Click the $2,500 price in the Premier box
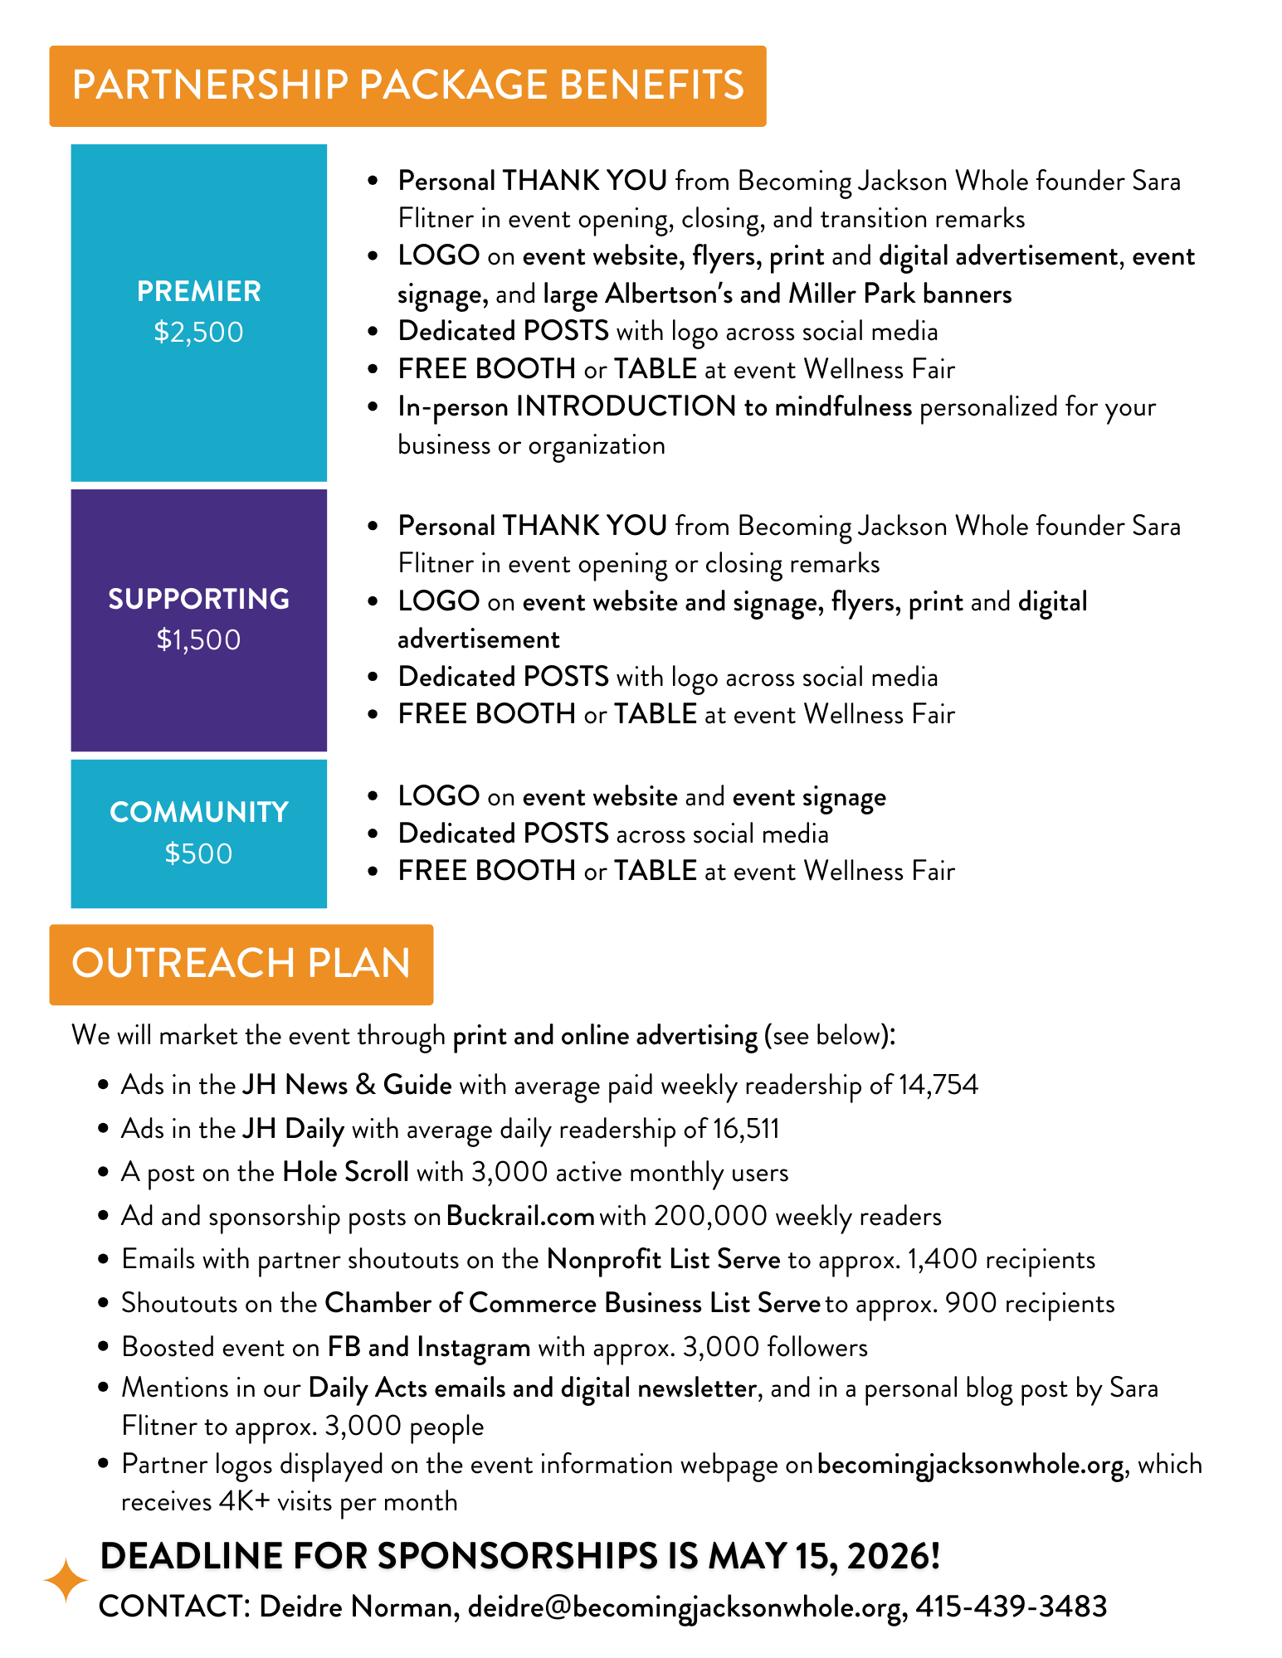click(x=198, y=333)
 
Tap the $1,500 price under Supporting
click(x=198, y=640)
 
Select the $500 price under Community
click(x=198, y=853)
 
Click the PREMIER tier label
click(x=198, y=292)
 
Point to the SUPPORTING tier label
click(x=198, y=599)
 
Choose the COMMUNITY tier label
click(x=198, y=812)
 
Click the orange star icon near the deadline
click(x=66, y=1580)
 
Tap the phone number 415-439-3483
click(x=1011, y=1607)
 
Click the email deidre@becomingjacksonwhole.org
click(x=685, y=1607)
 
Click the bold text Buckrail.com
click(x=520, y=1216)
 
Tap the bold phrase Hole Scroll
click(x=345, y=1172)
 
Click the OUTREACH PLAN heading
click(x=241, y=964)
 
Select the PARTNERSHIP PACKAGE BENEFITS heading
click(x=407, y=85)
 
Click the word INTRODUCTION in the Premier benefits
click(x=626, y=406)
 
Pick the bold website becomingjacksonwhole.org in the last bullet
click(x=971, y=1465)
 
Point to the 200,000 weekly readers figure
click(x=710, y=1216)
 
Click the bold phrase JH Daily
click(x=293, y=1129)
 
